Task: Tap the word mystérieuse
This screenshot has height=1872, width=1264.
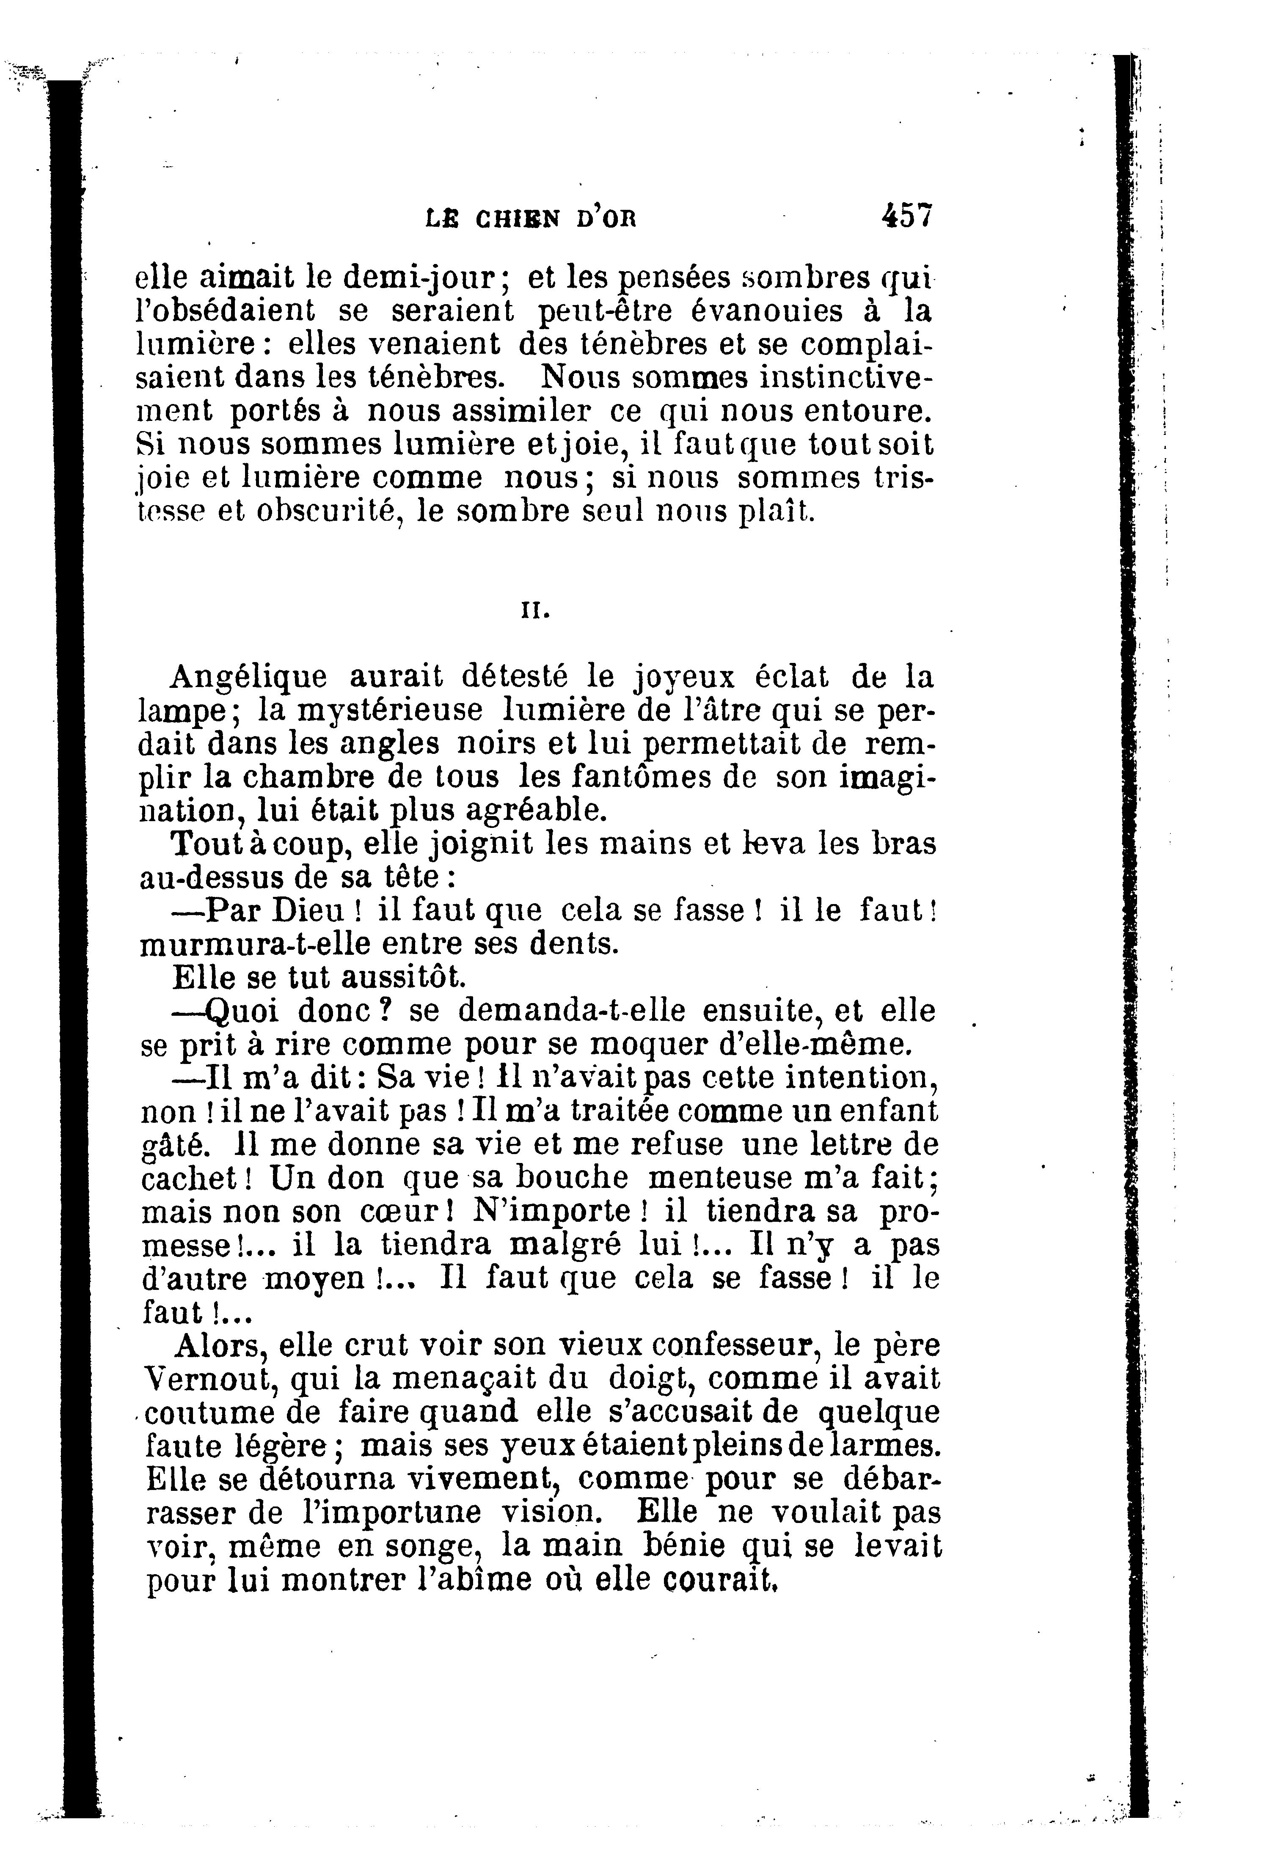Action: (390, 710)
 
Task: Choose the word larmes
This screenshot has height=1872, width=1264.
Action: (884, 1446)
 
